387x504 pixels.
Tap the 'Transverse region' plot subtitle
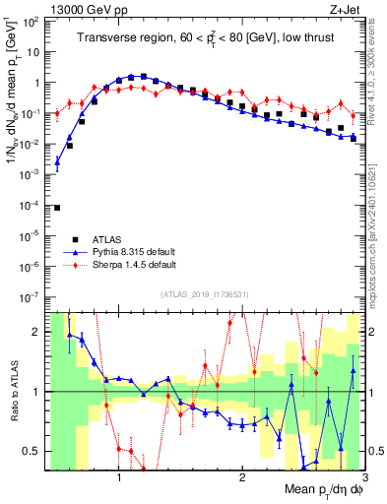click(x=203, y=39)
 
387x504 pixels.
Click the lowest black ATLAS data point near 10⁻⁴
click(x=57, y=208)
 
